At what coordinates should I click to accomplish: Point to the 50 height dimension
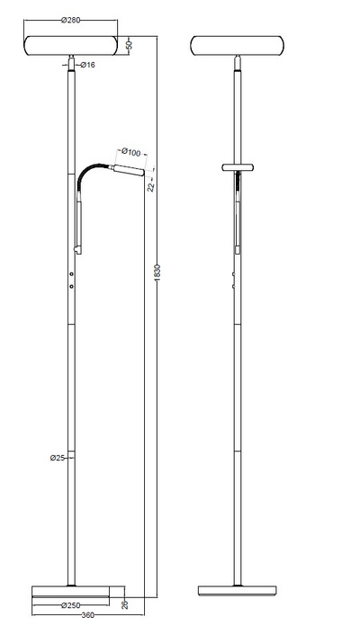(130, 45)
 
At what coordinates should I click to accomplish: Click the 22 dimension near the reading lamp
(152, 185)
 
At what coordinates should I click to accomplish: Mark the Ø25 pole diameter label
(57, 458)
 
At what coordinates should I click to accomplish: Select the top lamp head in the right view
(238, 46)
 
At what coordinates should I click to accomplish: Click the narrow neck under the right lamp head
(238, 66)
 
